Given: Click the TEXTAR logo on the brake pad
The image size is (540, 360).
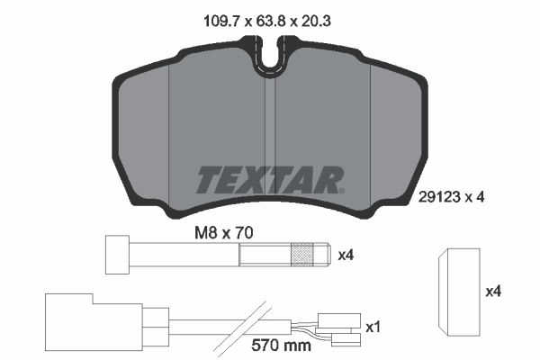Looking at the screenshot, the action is tap(270, 180).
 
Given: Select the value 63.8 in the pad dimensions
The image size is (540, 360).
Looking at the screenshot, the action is tap(271, 22).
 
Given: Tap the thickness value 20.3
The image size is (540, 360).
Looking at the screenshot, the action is tap(316, 22).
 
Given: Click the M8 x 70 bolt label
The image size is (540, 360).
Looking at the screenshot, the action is tap(224, 233).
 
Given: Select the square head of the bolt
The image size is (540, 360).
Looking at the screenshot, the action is tap(117, 255).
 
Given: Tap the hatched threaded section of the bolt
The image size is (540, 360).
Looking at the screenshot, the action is tap(302, 255).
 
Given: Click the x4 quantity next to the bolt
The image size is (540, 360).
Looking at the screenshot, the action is tap(346, 256).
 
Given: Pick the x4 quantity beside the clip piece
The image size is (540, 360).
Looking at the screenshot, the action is tap(493, 292).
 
